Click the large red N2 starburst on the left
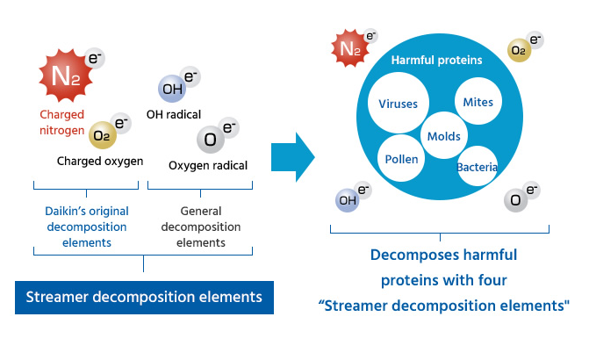[66, 76]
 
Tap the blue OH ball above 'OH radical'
[172, 89]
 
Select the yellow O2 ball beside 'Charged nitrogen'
[102, 135]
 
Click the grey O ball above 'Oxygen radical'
[211, 140]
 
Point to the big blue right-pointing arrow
[293, 157]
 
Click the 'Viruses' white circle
[399, 103]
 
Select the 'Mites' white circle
[478, 102]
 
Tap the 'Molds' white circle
[444, 135]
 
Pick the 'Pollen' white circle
[401, 159]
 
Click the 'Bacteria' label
[477, 167]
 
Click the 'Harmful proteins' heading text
[436, 60]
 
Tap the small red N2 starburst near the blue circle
[350, 48]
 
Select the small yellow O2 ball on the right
[519, 50]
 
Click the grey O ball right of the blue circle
[515, 200]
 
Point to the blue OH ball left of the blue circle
[347, 200]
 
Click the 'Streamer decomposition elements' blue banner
[144, 298]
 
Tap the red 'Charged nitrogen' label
[62, 123]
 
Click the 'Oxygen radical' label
[208, 165]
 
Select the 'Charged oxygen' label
[100, 162]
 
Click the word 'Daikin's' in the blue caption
[65, 211]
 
